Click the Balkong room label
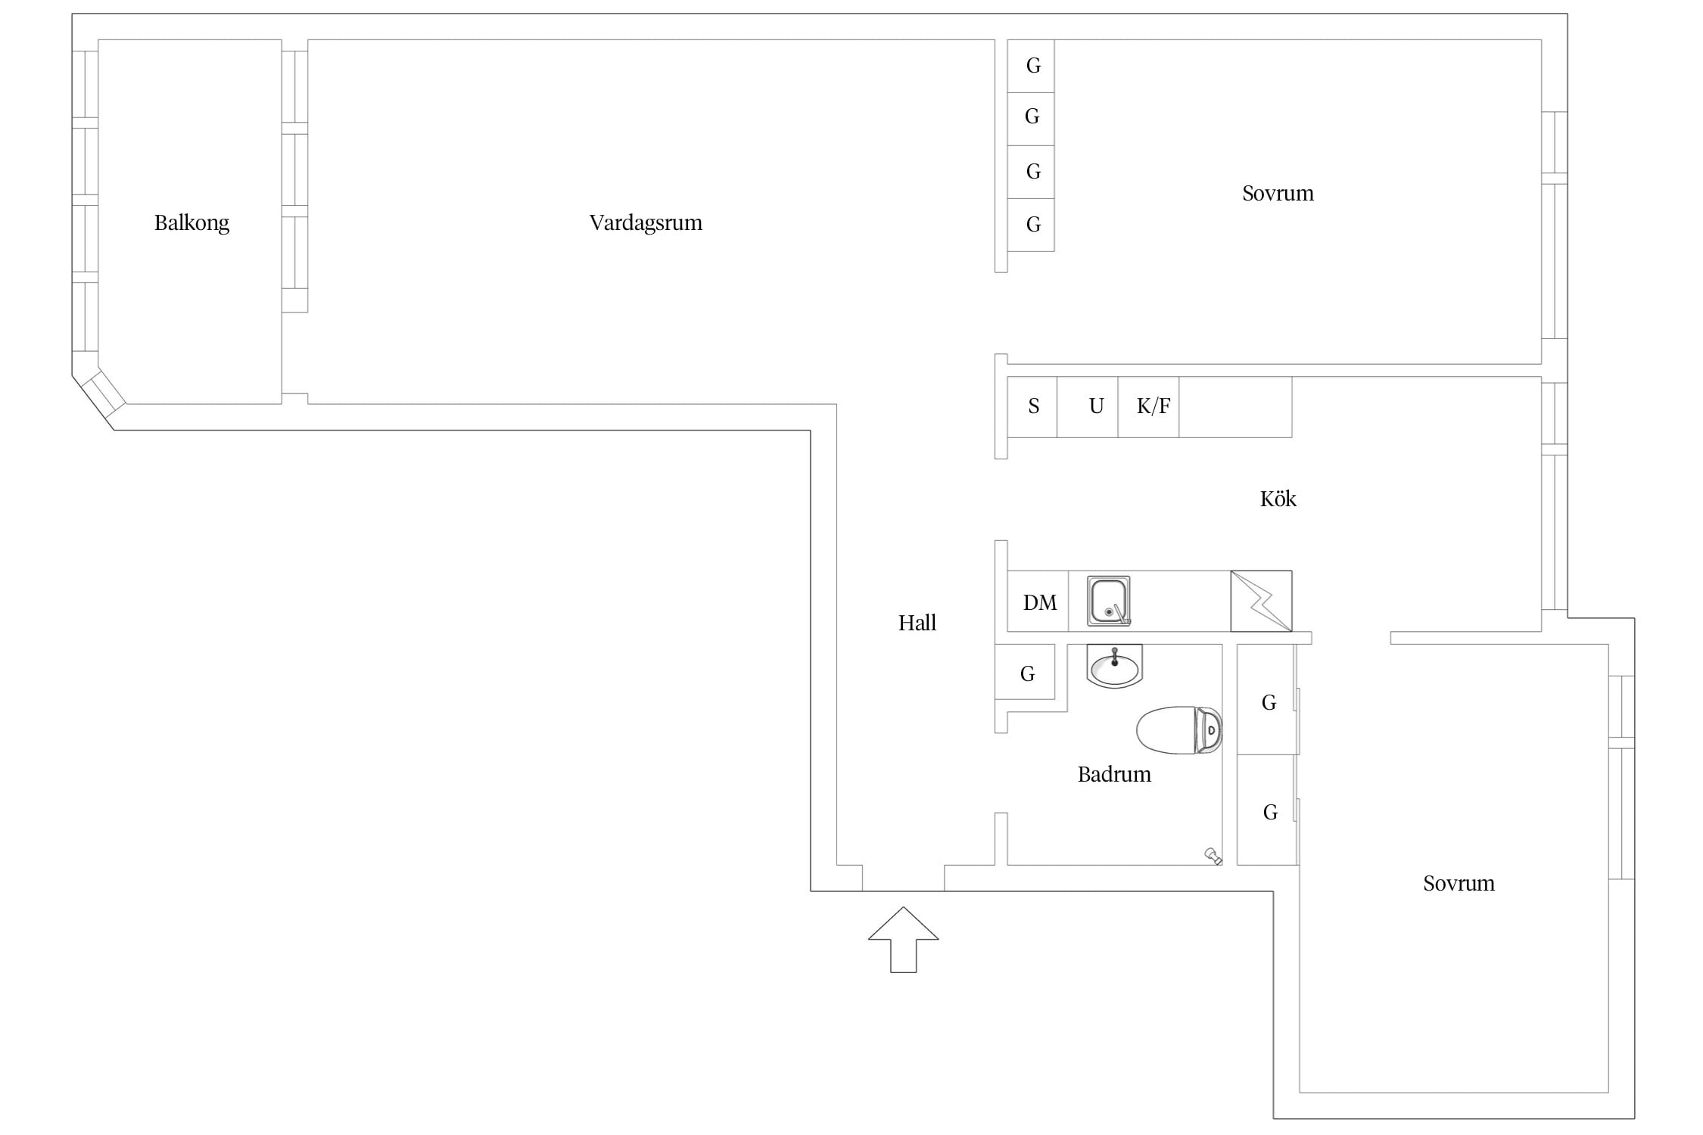[191, 223]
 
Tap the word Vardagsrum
[646, 223]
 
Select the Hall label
[917, 623]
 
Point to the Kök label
[1278, 499]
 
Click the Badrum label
[1114, 774]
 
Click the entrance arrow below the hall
[903, 939]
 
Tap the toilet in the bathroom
[1179, 730]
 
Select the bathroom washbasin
[1114, 666]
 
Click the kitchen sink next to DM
[1109, 601]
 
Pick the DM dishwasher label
[1040, 603]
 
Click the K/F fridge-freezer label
[1153, 406]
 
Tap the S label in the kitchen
[1034, 406]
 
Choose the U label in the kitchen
[1096, 406]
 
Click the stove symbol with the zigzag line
[1261, 601]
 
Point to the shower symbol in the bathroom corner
[1213, 856]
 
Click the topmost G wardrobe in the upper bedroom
[1031, 66]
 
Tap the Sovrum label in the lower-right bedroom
[1459, 884]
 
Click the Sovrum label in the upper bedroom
[1278, 194]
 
